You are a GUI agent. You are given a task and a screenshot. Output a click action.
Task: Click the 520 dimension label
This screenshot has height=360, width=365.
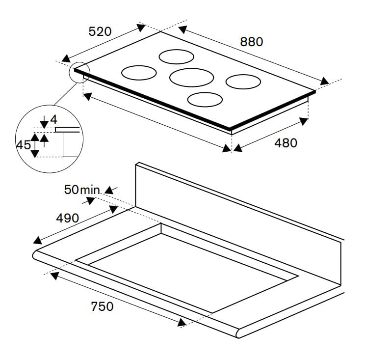click(100, 31)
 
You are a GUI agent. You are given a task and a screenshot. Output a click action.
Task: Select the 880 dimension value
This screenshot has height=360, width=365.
click(252, 42)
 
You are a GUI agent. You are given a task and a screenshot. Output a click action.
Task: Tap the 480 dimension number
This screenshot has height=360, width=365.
click(286, 143)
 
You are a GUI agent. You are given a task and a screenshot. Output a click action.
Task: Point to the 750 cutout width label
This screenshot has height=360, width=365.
click(102, 306)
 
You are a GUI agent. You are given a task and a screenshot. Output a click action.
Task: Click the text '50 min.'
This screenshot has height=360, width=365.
click(82, 190)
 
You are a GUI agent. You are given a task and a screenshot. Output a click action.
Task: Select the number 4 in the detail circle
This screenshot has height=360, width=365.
click(54, 119)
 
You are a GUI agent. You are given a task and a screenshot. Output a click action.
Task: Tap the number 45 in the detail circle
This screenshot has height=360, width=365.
click(24, 145)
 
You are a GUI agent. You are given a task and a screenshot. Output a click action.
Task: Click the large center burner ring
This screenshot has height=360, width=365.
click(192, 77)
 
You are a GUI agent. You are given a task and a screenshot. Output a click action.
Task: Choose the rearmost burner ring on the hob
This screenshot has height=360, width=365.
click(176, 56)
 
